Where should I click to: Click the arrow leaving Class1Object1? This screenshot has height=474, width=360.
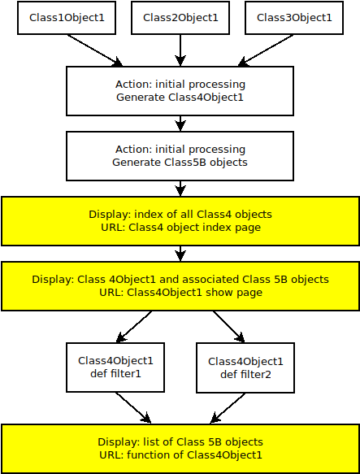pos(94,50)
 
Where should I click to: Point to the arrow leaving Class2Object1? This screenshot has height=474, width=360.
pos(180,50)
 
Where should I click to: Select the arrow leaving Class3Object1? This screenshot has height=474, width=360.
pos(266,50)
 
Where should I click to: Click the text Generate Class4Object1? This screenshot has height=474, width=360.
pos(180,98)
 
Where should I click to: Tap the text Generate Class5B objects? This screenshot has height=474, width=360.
pos(180,163)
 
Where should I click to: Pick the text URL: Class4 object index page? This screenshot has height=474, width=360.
pos(180,228)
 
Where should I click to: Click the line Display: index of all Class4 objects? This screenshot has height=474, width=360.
pos(180,215)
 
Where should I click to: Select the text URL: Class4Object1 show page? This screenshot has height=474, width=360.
pos(180,293)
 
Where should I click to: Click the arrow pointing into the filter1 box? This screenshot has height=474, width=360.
pos(134,327)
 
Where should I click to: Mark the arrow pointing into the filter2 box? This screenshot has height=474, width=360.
pos(229,327)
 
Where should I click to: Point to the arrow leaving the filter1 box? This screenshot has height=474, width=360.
pos(133,408)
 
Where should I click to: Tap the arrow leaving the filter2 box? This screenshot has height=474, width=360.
pos(228,408)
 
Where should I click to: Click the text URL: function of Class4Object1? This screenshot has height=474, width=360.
pos(180,455)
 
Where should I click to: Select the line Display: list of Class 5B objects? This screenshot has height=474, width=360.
pos(180,442)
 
